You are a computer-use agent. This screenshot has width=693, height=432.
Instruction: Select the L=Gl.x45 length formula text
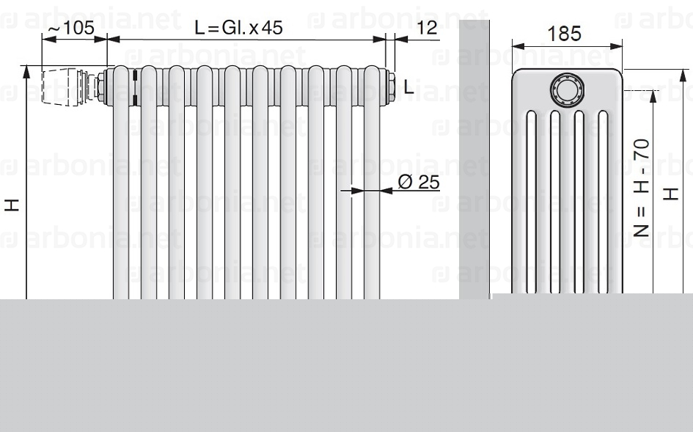[x=238, y=28]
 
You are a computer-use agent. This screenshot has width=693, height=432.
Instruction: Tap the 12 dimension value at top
[x=427, y=28]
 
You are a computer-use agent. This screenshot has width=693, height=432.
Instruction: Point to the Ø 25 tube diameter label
[x=419, y=182]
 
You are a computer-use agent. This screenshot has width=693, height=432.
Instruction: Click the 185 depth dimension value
[x=565, y=34]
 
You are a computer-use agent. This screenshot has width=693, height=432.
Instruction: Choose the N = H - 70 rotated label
[x=641, y=188]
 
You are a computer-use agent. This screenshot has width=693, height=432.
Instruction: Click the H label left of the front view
[x=12, y=205]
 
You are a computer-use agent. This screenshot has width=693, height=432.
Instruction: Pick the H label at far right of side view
[x=670, y=194]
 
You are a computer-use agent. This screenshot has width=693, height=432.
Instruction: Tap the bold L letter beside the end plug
[x=408, y=88]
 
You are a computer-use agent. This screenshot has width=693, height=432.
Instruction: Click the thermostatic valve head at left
[x=62, y=87]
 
